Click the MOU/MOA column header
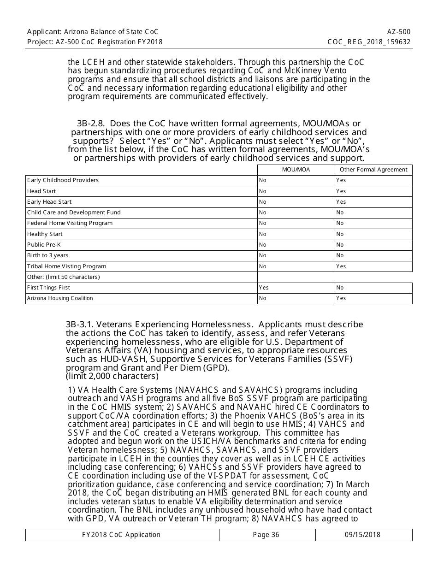click(296, 170)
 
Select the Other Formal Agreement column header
click(373, 170)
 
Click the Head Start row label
click(41, 191)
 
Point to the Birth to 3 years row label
click(47, 255)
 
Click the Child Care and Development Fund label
click(74, 213)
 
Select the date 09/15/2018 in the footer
click(362, 535)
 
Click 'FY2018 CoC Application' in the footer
click(121, 535)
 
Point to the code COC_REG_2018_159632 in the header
click(369, 42)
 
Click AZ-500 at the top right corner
click(399, 32)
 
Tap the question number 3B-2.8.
click(91, 124)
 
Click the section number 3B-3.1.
click(80, 325)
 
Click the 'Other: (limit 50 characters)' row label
click(64, 277)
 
